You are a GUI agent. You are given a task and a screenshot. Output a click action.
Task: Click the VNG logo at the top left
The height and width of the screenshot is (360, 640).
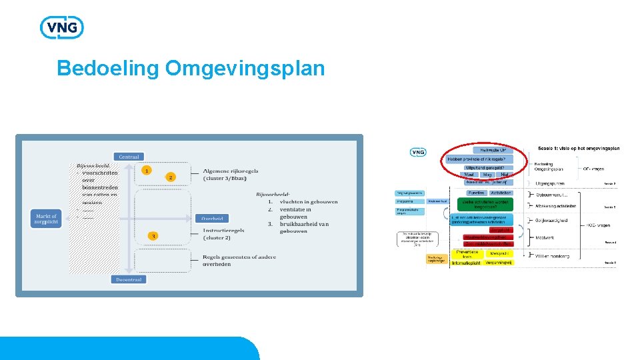62,27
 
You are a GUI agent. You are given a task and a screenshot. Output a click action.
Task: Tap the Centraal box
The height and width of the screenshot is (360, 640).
129,157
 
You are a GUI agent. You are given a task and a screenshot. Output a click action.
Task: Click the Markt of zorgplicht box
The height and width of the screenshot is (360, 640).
46,219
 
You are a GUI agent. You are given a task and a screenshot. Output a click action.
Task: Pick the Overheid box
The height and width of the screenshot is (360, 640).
213,218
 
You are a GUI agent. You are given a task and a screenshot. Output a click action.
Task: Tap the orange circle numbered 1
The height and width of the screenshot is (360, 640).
146,171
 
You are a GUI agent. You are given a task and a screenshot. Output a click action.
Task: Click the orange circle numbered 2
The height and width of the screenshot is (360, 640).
171,177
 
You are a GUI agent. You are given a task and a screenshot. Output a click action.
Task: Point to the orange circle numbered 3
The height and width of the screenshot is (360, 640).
153,236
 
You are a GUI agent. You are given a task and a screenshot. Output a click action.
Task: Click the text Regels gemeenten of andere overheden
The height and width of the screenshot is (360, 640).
239,260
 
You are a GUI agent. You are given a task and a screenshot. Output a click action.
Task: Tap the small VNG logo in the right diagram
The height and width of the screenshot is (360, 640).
418,152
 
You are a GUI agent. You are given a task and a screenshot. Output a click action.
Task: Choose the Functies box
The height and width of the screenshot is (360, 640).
476,193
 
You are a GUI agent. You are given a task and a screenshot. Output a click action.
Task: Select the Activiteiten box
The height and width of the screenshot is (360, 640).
500,193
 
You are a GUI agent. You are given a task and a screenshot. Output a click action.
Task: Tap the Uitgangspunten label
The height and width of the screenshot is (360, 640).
550,182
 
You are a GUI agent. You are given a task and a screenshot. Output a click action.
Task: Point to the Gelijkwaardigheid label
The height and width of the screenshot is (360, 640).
551,220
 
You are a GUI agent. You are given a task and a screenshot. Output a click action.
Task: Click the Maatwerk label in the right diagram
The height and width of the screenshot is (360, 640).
545,237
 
